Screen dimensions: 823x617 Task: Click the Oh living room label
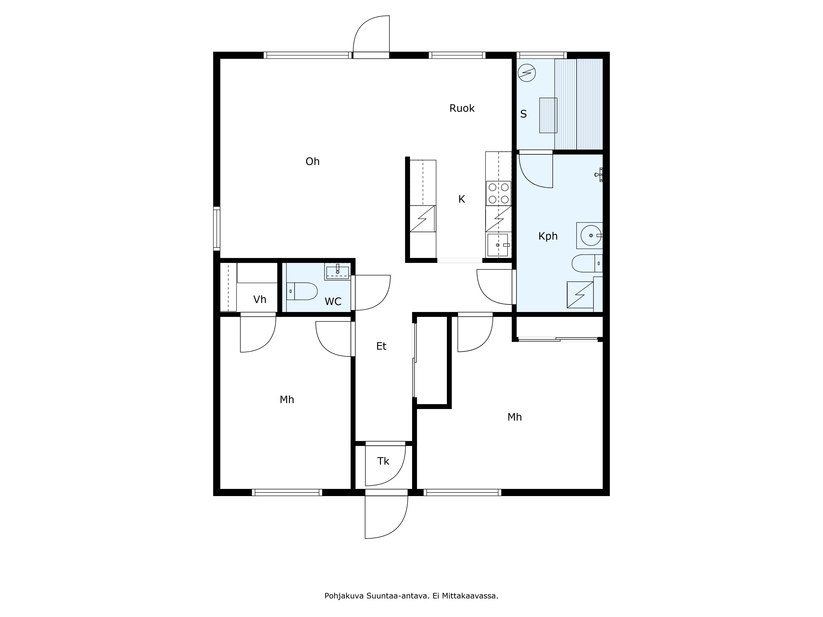[313, 161]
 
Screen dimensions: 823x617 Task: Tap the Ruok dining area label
[462, 108]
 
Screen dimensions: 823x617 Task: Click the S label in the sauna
[523, 114]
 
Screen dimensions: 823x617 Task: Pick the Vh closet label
[260, 299]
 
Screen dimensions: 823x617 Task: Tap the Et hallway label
[381, 346]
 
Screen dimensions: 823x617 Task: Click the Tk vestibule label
[383, 461]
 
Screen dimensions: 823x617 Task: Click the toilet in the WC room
[302, 291]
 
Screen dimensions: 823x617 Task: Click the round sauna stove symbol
[527, 73]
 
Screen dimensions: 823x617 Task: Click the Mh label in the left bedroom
[287, 400]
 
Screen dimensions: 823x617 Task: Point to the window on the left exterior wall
[216, 229]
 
